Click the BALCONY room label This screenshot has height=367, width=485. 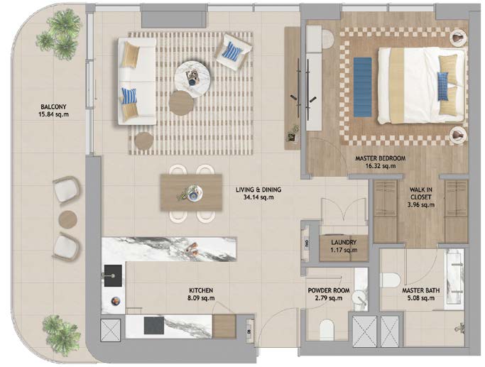point(53,107)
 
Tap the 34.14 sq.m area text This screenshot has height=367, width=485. point(258,197)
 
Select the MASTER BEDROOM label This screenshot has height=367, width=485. point(380,158)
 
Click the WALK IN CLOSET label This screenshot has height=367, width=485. point(421,193)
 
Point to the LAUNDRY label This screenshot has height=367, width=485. point(344,242)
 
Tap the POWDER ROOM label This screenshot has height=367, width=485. point(329,290)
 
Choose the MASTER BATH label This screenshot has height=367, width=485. point(420,290)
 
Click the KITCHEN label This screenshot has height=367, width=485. point(201,290)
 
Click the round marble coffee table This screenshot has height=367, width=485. point(192,78)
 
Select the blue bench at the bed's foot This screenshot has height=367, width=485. point(363,87)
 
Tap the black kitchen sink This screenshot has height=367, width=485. point(113,275)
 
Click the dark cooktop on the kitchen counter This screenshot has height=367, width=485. point(153,325)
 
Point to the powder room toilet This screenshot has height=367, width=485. point(327,330)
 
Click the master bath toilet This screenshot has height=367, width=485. point(391,280)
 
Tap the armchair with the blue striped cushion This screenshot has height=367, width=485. point(233,52)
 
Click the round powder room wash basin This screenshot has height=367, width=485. point(360,298)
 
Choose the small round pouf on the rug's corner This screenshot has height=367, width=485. point(144,141)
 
